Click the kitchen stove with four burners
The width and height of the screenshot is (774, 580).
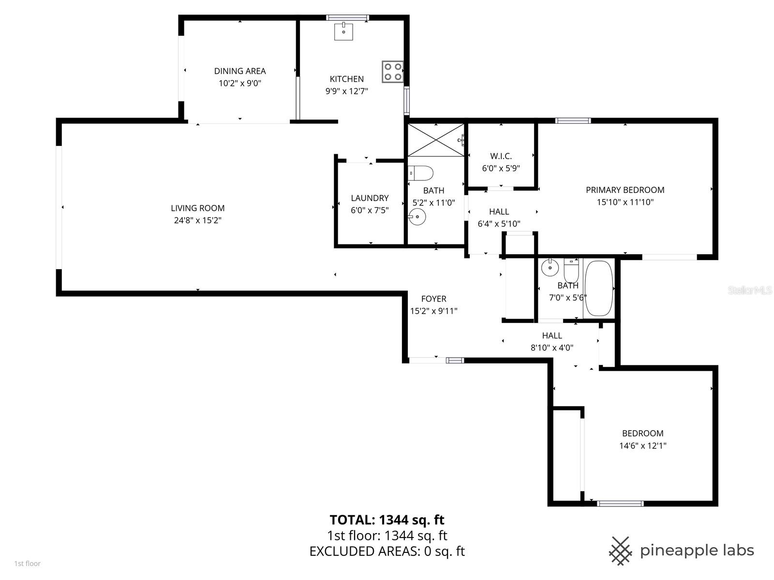(392, 72)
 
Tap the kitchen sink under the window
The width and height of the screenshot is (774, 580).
(344, 31)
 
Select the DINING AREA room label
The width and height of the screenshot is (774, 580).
(240, 71)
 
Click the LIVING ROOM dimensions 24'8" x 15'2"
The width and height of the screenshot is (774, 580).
(198, 220)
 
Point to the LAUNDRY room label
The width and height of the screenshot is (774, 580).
(370, 198)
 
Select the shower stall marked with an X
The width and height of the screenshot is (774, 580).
(435, 140)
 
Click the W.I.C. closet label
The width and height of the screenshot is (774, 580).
(501, 156)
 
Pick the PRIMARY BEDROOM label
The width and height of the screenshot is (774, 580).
(625, 190)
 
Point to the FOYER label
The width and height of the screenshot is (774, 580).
(433, 299)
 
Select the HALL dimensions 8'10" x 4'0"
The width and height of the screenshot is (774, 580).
(552, 347)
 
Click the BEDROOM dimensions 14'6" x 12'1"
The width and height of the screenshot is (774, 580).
(642, 446)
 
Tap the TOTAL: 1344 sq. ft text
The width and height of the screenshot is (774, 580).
(387, 520)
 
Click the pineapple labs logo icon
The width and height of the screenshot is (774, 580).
(621, 551)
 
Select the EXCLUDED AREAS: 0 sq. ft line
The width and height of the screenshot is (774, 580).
(387, 551)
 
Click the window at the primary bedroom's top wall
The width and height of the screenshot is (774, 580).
(573, 121)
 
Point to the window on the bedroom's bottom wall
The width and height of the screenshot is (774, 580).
(620, 504)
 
